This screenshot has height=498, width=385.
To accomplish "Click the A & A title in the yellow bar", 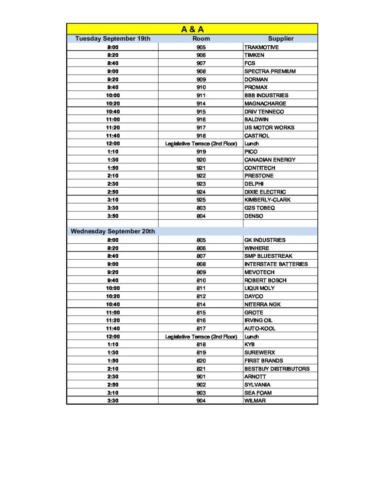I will click(x=192, y=29).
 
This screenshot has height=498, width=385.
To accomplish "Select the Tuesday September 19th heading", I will click(x=112, y=38).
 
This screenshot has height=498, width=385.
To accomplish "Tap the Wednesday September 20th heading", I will click(x=113, y=231).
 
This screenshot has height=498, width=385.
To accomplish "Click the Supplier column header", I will click(x=280, y=38).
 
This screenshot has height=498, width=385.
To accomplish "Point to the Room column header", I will click(x=201, y=38).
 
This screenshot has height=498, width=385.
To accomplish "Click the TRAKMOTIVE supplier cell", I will click(x=262, y=47).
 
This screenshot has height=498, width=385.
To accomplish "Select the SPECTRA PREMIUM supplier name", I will click(x=270, y=71).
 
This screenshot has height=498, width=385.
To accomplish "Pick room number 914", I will click(x=201, y=104).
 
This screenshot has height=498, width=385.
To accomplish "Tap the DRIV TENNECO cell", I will click(x=264, y=111).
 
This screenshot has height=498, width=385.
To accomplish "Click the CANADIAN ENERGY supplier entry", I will click(x=270, y=160).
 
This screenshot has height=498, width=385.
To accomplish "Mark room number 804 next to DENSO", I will click(x=201, y=216).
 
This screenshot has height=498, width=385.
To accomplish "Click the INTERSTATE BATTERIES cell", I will click(x=276, y=264).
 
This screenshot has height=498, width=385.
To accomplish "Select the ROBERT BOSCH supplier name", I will click(x=265, y=280).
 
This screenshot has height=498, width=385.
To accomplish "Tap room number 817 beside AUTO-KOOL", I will click(x=201, y=328).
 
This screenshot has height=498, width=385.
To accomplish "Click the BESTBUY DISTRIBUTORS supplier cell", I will click(x=276, y=369).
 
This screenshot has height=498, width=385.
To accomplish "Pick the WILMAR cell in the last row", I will click(x=255, y=401).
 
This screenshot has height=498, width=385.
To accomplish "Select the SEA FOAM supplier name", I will click(x=258, y=392).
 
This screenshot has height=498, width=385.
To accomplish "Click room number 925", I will click(x=201, y=200).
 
